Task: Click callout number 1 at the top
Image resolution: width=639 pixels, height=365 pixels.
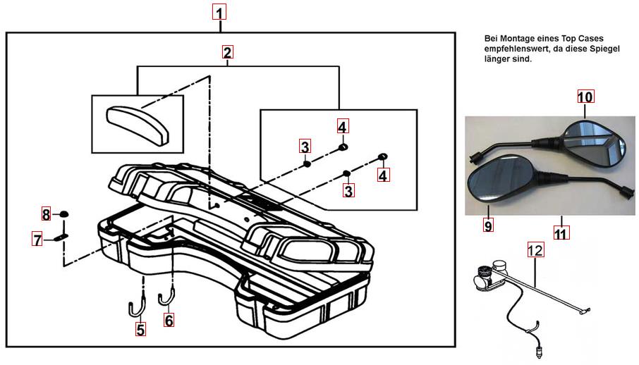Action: pyautogui.click(x=221, y=13)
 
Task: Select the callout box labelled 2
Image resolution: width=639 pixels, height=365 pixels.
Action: pyautogui.click(x=227, y=53)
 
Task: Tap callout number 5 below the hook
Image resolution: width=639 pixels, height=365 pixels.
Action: pyautogui.click(x=141, y=328)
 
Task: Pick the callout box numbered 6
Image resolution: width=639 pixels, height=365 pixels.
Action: pyautogui.click(x=169, y=320)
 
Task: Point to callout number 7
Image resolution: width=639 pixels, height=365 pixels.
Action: pyautogui.click(x=37, y=240)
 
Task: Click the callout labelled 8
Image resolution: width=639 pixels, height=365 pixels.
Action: pyautogui.click(x=46, y=214)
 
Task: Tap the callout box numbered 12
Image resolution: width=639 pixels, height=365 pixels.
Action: pyautogui.click(x=535, y=249)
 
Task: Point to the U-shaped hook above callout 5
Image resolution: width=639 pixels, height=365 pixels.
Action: pyautogui.click(x=135, y=307)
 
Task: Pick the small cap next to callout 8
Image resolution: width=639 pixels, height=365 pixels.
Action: pyautogui.click(x=63, y=214)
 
